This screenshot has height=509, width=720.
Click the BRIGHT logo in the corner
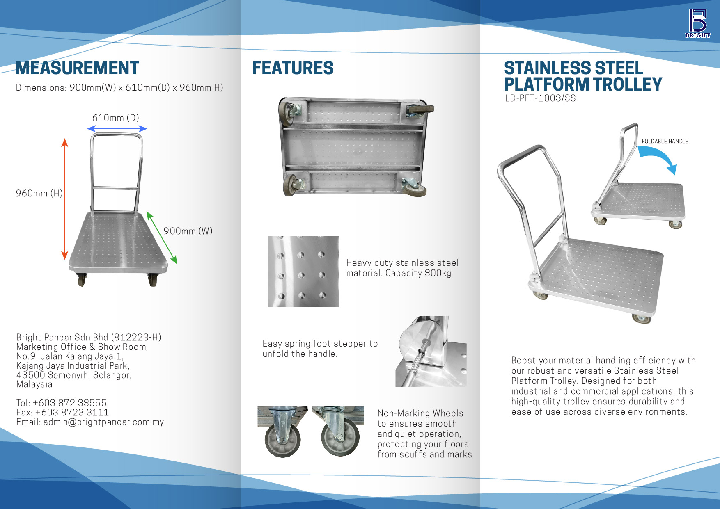coord(698,23)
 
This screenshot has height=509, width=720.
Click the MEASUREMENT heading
coord(77,68)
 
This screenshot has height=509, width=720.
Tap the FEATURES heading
coord(293,68)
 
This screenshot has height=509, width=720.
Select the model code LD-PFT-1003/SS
coord(540,98)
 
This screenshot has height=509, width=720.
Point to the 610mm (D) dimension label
coord(116,118)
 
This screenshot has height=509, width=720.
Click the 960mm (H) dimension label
coord(39,194)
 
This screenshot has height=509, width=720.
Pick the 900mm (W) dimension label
coord(188,231)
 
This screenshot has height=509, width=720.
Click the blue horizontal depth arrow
coord(117,129)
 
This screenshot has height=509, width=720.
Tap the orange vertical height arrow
coord(64,199)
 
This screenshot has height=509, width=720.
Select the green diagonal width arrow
coord(162,237)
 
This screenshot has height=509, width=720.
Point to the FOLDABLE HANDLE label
coord(665,142)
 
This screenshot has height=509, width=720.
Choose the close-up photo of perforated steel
coord(303,272)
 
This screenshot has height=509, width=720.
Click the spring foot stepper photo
coord(431,351)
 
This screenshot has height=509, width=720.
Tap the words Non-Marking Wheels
coord(420,413)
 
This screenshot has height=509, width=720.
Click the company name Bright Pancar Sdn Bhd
coord(62,338)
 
